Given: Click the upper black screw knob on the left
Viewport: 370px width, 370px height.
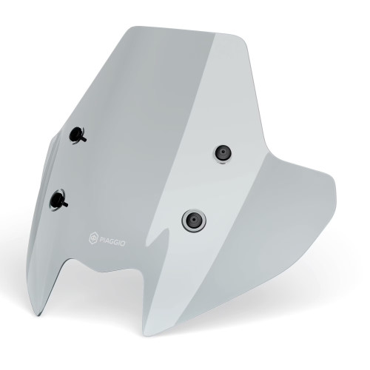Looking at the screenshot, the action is (77, 135).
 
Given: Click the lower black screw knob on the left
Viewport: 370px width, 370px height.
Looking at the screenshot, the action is (58, 200).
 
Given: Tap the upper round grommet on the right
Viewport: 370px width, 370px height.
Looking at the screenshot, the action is (223, 153).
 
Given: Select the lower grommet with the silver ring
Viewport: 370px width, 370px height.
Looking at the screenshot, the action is (194, 221).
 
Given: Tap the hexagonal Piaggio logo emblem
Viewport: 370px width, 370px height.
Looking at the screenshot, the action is (93, 238).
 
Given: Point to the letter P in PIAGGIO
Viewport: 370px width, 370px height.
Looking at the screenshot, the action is (101, 239).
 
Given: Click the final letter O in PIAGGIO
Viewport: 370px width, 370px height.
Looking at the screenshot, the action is (122, 243).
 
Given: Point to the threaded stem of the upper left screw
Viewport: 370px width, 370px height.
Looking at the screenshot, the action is (84, 139).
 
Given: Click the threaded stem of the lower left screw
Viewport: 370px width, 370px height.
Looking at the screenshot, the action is (65, 204).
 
